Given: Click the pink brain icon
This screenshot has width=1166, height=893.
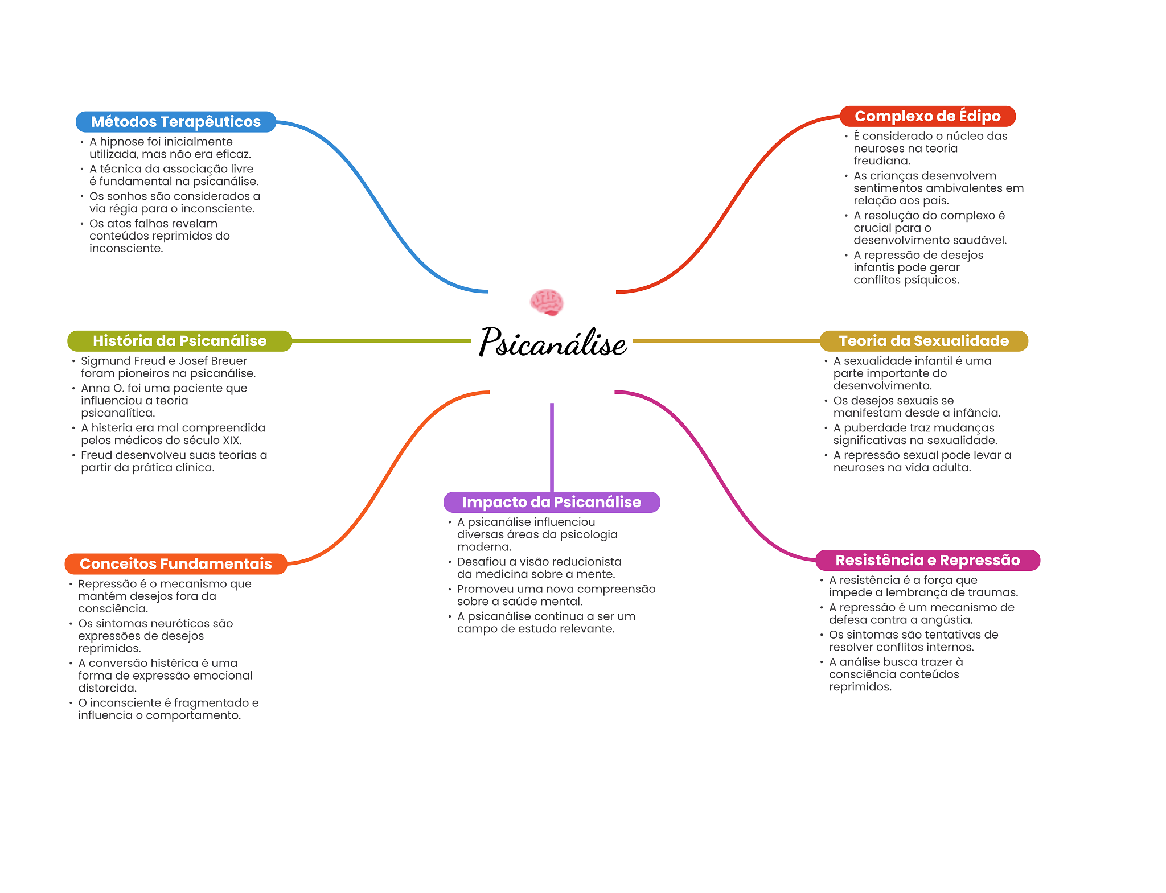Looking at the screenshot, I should [547, 302].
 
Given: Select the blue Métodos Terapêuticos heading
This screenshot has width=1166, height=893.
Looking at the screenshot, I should [175, 122].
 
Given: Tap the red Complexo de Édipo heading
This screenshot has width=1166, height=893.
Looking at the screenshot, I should [927, 116].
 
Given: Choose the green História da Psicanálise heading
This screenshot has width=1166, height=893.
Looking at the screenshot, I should [179, 341].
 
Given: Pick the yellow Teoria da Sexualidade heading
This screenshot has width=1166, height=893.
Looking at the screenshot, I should [923, 341].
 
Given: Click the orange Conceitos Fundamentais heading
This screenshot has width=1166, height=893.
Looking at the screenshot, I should [175, 564].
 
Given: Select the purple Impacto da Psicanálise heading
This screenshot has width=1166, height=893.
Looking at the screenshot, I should [551, 502].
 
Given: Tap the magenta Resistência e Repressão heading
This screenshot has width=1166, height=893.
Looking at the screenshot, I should [927, 560].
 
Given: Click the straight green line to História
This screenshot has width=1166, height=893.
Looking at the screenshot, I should [381, 341].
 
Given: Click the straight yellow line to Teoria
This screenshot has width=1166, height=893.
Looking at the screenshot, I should [726, 341].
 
